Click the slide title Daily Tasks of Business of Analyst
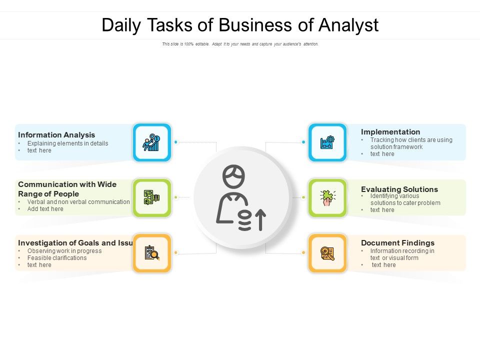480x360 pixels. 240,25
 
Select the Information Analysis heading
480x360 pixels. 56,135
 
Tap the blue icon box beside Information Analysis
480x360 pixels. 152,142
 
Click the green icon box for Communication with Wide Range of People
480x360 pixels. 152,197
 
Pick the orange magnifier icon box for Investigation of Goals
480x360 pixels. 152,253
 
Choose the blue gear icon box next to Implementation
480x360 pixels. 327,142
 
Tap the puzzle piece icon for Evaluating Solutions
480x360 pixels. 327,197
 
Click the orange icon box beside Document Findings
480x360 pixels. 327,253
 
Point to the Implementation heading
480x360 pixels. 390,132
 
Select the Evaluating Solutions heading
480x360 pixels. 399,189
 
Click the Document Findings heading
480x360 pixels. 397,243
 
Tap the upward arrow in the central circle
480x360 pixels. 260,219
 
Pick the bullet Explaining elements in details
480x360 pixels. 67,143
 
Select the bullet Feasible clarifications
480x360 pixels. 57,258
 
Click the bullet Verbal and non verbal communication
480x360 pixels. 78,202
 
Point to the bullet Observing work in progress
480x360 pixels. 64,251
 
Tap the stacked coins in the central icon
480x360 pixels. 244,220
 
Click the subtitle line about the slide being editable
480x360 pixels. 240,44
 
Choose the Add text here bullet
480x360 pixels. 45,209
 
